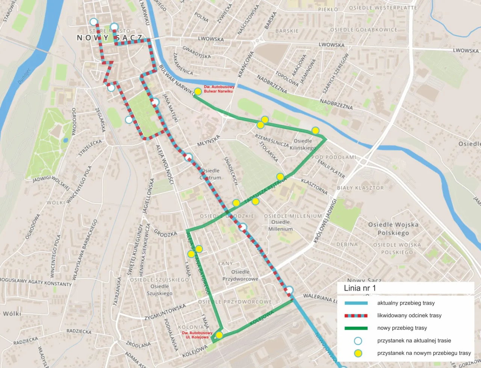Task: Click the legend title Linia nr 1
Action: click(360, 288)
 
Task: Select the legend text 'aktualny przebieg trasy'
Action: click(406, 303)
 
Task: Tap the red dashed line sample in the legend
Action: click(356, 315)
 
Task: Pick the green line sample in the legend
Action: click(356, 328)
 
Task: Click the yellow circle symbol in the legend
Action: click(358, 353)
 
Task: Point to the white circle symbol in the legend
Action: click(358, 341)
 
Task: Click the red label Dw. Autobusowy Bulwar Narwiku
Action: click(219, 89)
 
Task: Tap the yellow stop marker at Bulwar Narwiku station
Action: click(198, 92)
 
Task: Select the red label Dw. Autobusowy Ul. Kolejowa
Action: click(197, 335)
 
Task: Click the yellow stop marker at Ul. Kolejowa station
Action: click(219, 335)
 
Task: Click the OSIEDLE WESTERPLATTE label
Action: click(383, 8)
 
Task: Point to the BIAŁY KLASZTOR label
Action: click(360, 188)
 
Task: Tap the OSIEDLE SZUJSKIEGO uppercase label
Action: click(159, 280)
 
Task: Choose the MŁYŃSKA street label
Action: click(209, 141)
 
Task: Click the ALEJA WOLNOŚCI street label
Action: click(165, 164)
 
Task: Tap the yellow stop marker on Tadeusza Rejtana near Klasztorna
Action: click(280, 176)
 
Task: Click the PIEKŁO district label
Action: click(328, 9)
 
